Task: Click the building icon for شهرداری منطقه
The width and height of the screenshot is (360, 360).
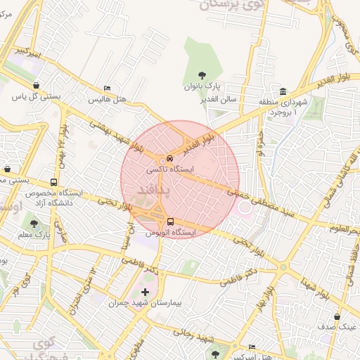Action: pyautogui.click(x=283, y=92)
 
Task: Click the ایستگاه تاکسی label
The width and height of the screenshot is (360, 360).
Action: pyautogui.click(x=169, y=169)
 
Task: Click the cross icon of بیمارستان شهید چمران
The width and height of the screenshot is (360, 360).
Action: pyautogui.click(x=146, y=291)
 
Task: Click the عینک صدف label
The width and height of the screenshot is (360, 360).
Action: pyautogui.click(x=337, y=327)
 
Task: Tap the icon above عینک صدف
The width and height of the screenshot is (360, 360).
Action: pyautogui.click(x=337, y=316)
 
